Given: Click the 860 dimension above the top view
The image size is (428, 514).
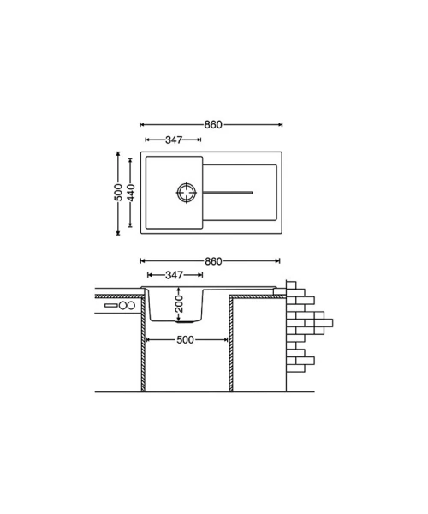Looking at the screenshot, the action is click(x=213, y=124).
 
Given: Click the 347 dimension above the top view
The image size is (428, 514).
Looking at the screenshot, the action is click(x=174, y=140).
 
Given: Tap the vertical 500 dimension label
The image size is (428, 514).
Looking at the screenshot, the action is click(x=118, y=193).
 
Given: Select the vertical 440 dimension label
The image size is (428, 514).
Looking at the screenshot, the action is click(x=130, y=193).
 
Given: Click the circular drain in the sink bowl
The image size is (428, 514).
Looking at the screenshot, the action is click(x=187, y=193).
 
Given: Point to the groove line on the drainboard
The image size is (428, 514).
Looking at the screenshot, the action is click(x=228, y=193).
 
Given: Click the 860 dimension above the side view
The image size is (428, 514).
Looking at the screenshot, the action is click(x=213, y=261).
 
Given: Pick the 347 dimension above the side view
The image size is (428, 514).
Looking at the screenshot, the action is click(x=175, y=275).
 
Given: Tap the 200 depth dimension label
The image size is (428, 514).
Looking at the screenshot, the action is click(x=179, y=303).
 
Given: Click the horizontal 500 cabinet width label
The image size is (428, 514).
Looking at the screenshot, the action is click(x=186, y=340).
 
